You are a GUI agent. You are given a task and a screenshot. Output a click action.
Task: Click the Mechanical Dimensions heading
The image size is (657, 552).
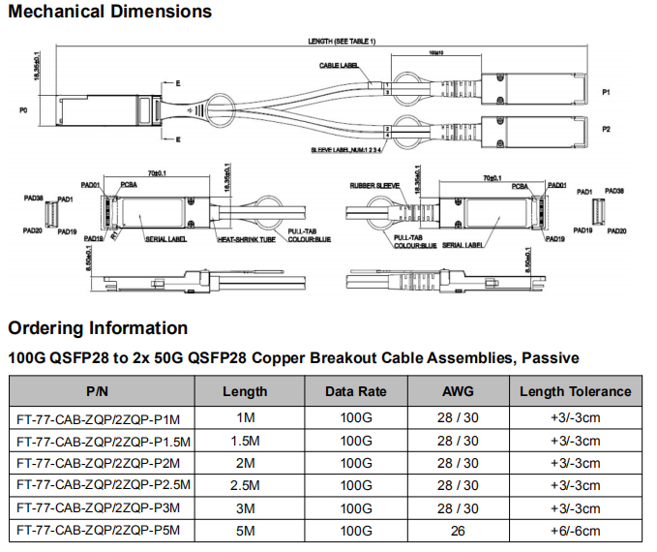coord(109,13)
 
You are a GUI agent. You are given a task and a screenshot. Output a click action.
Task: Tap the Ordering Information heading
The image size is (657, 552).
coord(98,327)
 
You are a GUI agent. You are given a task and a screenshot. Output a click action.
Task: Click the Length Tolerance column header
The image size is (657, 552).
coord(575,391)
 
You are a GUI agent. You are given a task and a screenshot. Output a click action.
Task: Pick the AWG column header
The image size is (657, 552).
coord(458,391)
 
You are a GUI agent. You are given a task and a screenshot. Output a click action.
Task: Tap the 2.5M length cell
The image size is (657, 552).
coord(245,485)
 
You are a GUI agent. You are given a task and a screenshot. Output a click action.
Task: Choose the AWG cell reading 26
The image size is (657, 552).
coord(458,530)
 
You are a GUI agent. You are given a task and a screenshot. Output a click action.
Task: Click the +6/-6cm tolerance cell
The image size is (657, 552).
coord(575,530)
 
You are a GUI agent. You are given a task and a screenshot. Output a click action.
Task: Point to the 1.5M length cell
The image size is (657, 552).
coord(245,441)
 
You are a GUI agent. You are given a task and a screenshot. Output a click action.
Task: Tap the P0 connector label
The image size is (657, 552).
coord(23,111)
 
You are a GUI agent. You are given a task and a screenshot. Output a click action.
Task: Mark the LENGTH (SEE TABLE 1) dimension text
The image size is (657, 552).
coord(341,41)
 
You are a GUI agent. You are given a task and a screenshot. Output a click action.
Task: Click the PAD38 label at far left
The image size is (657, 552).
coord(32,197)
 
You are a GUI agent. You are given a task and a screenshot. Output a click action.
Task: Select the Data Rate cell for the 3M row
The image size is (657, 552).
coord(355,507)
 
